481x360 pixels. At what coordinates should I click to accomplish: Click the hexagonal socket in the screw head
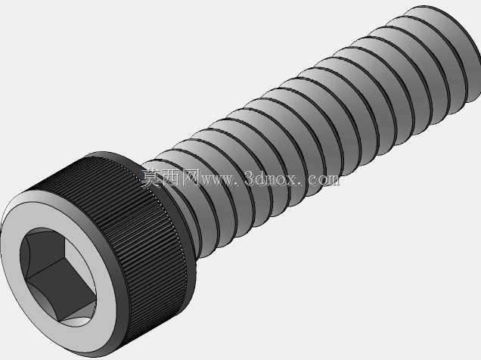(57, 277)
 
